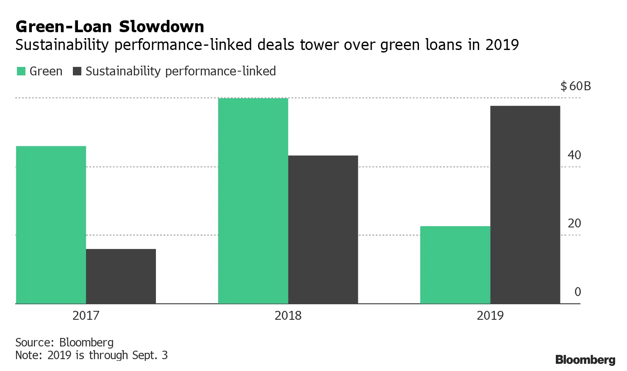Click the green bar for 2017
coord(51,224)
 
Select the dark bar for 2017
coord(121,276)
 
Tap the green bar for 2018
coord(253,201)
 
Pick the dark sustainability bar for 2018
coord(323,230)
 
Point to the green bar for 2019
coord(455,265)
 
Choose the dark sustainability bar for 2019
coord(525,205)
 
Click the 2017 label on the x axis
coord(86,316)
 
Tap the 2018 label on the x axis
coord(288,316)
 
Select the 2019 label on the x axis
coord(490,316)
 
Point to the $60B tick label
coord(575,86)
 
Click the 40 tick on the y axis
coord(574,155)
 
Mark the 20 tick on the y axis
coord(574,224)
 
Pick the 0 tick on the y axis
coord(577,292)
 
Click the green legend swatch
coord(21,71)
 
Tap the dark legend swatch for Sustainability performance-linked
coord(77,71)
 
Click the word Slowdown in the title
coord(161,27)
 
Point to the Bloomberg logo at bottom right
coord(585,360)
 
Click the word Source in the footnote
coord(34,342)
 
